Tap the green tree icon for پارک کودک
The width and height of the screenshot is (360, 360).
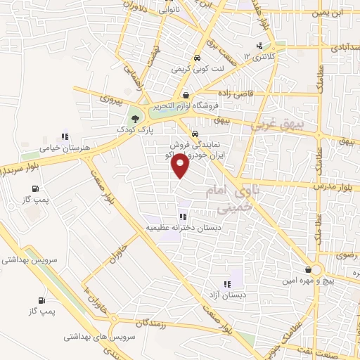135,118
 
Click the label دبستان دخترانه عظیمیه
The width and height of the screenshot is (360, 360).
184,228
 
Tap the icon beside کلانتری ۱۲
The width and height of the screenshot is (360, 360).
260,46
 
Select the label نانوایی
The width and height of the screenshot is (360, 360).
169,11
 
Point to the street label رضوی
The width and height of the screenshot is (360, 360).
349,257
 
